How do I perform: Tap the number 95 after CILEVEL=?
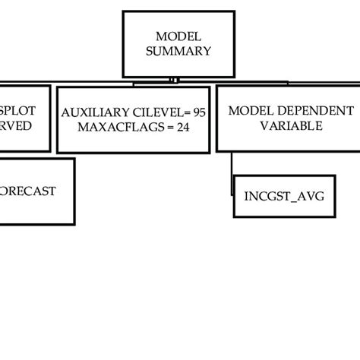(199, 112)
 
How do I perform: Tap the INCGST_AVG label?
(284, 196)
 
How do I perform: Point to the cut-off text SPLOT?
(20, 111)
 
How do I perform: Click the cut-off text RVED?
(16, 126)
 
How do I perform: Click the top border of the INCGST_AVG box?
(284, 175)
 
